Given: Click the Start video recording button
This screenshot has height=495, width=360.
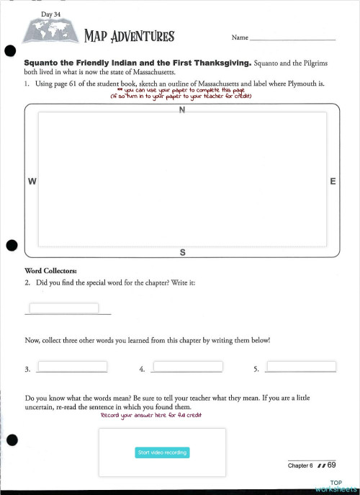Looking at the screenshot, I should pyautogui.click(x=162, y=452).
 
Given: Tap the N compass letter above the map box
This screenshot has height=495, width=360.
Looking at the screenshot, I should pyautogui.click(x=182, y=110).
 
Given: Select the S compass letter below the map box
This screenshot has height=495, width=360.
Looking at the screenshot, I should pyautogui.click(x=182, y=252).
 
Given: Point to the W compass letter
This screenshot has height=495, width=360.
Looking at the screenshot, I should pyautogui.click(x=32, y=182).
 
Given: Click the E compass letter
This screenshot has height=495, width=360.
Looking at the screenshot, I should pyautogui.click(x=333, y=182).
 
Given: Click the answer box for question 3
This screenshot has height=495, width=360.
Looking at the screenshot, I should pyautogui.click(x=71, y=366).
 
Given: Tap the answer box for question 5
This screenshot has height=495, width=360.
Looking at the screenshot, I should pyautogui.click(x=300, y=366).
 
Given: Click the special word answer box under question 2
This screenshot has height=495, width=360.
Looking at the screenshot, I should pyautogui.click(x=63, y=308).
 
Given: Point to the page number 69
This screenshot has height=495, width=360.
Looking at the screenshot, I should pyautogui.click(x=332, y=465).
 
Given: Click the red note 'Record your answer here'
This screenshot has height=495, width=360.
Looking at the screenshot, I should pyautogui.click(x=151, y=416).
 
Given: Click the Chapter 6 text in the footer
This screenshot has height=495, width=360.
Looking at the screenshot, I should pyautogui.click(x=301, y=465).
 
